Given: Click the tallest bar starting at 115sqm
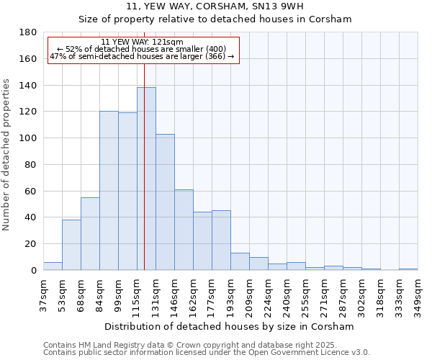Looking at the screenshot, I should pyautogui.click(x=146, y=179).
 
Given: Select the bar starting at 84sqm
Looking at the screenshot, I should pyautogui.click(x=109, y=191).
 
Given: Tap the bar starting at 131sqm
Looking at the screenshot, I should pyautogui.click(x=165, y=202).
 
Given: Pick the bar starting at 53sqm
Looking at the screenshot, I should pyautogui.click(x=71, y=245).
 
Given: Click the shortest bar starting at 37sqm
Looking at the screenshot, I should pyautogui.click(x=53, y=266).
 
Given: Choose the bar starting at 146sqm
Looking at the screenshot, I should pyautogui.click(x=184, y=230).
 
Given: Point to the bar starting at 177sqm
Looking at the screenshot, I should pyautogui.click(x=221, y=240).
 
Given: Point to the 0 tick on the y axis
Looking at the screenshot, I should pyautogui.click(x=33, y=271).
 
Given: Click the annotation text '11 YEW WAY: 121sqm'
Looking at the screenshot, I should pyautogui.click(x=142, y=42).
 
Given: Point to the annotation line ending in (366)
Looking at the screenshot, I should pyautogui.click(x=142, y=56).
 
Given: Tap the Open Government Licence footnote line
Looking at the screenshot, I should pyautogui.click(x=207, y=353).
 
